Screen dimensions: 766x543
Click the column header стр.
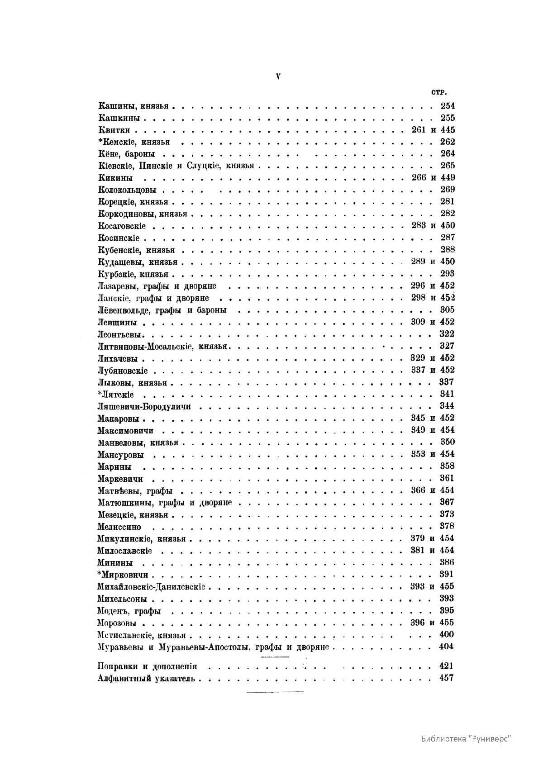pyautogui.click(x=439, y=92)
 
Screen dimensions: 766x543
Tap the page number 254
pyautogui.click(x=448, y=106)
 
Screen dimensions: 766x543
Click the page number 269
pyautogui.click(x=448, y=190)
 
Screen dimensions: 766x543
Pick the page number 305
pyautogui.click(x=447, y=310)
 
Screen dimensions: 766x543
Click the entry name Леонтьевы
pyautogui.click(x=121, y=334)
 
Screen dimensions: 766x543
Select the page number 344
pyautogui.click(x=447, y=406)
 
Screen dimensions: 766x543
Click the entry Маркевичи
pyautogui.click(x=120, y=479)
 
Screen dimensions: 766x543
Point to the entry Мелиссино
pyautogui.click(x=119, y=527)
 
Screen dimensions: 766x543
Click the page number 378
pyautogui.click(x=447, y=526)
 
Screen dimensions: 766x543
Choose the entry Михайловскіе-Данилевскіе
pyautogui.click(x=151, y=587)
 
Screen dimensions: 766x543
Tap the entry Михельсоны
pyautogui.click(x=122, y=599)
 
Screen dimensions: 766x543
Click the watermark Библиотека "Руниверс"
pyautogui.click(x=466, y=737)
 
